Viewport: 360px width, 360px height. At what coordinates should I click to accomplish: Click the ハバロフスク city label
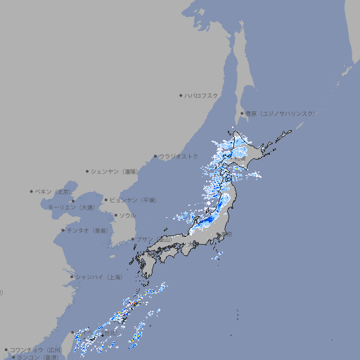point(202,96)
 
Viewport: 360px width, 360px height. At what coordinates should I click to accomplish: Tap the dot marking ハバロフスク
point(181,96)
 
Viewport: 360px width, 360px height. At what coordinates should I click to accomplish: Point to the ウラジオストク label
point(179,156)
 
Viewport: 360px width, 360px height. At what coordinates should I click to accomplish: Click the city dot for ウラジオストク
point(155,157)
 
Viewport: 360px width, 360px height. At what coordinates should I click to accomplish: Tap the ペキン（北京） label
point(54,191)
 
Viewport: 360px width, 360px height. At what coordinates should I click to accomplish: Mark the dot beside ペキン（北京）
point(32,191)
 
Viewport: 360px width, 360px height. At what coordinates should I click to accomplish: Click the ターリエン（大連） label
point(71,207)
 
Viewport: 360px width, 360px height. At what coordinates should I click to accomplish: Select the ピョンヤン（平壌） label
point(133,200)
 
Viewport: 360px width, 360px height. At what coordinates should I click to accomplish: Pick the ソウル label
point(127,215)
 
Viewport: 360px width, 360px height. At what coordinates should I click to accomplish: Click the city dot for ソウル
point(115,215)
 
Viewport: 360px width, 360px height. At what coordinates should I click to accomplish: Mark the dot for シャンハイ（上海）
point(72,277)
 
